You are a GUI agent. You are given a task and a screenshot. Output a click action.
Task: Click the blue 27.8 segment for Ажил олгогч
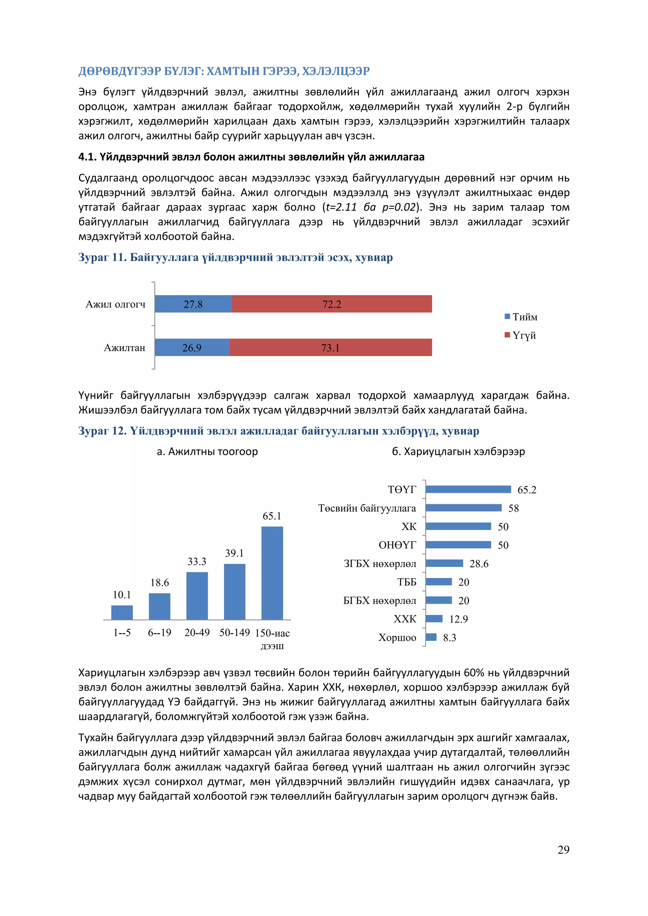click(193, 304)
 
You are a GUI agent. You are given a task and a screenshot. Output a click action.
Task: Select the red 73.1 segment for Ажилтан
click(330, 348)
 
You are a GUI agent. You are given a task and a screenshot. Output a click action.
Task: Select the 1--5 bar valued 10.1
click(122, 612)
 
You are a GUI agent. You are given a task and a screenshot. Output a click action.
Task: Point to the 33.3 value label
click(197, 561)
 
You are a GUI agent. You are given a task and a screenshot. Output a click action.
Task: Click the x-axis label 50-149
click(235, 632)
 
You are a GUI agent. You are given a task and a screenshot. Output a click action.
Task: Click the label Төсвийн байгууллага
click(367, 508)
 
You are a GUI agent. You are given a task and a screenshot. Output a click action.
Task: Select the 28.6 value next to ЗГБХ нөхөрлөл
click(479, 564)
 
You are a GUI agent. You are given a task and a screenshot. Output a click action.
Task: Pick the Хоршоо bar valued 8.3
click(431, 637)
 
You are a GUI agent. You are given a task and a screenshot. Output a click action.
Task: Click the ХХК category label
click(405, 619)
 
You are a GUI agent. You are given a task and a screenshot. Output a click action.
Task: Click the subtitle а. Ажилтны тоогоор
click(207, 451)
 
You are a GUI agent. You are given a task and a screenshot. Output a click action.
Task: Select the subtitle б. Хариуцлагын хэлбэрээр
click(458, 451)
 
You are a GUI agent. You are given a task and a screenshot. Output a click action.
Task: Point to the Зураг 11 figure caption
click(235, 257)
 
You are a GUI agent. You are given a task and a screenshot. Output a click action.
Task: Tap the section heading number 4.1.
click(87, 157)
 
